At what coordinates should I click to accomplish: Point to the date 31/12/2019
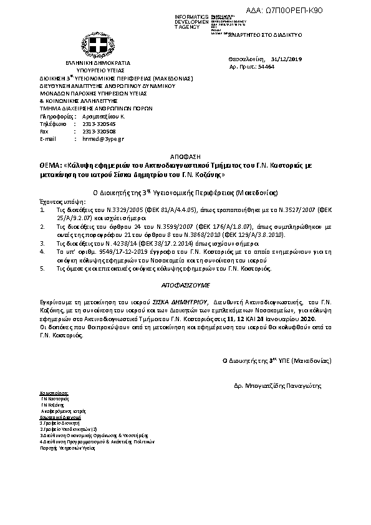[x=286, y=59]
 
